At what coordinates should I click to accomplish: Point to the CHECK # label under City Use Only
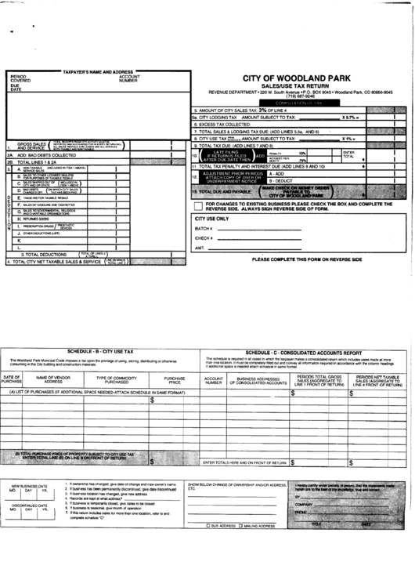[x=204, y=237]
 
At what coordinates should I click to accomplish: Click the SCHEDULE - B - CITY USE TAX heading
[x=101, y=331]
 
